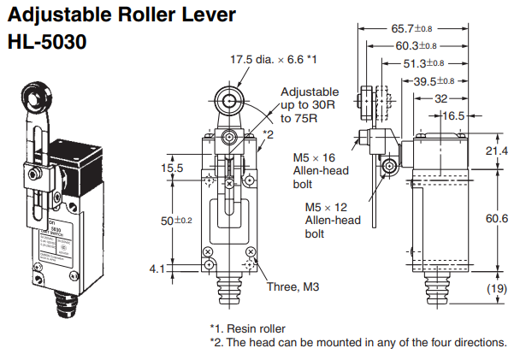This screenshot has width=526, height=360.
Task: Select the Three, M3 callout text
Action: click(x=294, y=286)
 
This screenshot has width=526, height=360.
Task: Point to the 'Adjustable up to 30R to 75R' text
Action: click(x=309, y=105)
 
